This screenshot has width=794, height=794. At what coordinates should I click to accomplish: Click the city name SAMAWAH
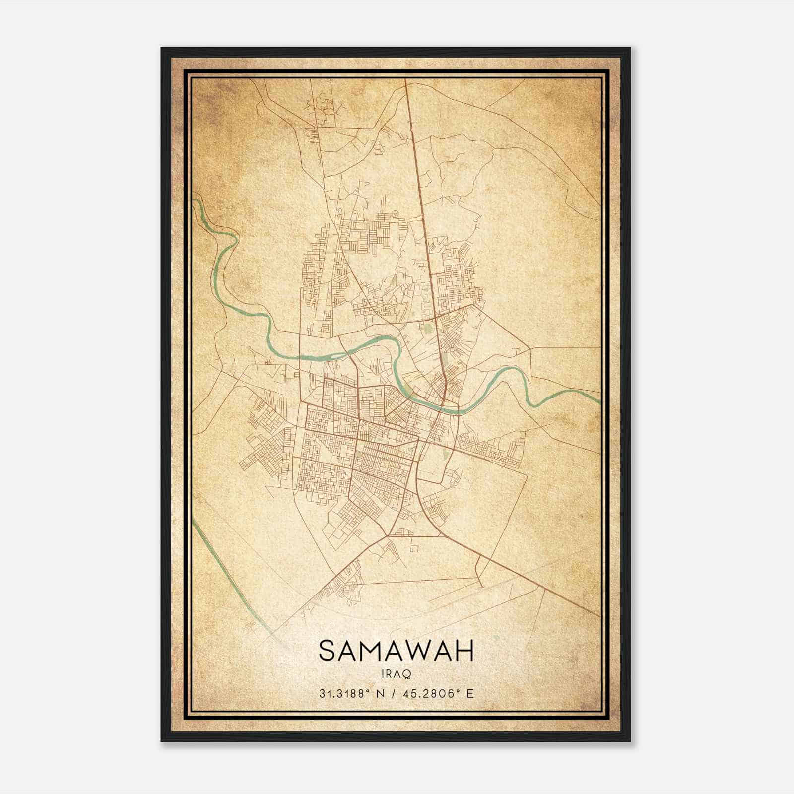pos(396,651)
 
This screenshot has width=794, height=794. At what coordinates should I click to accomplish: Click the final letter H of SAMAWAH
pos(465,651)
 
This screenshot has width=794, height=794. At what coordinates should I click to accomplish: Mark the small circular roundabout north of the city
pos(395,214)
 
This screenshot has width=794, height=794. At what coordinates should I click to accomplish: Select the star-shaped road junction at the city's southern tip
pos(387,535)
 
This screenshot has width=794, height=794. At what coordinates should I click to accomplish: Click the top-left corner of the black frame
pos(162,48)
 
